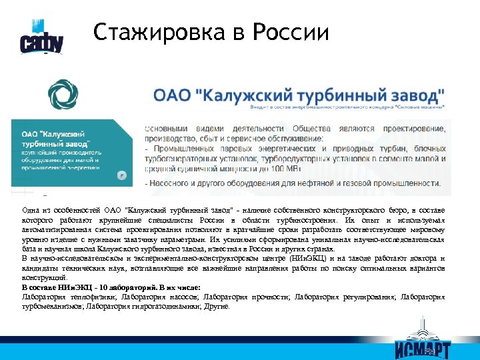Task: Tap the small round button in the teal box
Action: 122,175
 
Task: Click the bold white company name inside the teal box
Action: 50,139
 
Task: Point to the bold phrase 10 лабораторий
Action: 101,287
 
